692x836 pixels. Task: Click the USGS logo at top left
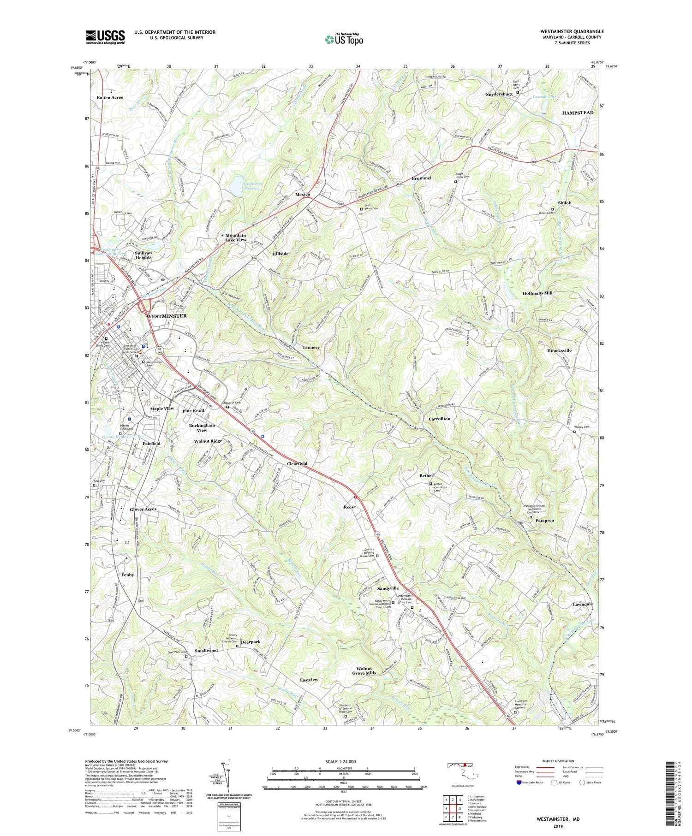pos(105,37)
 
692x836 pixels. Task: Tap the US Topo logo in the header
pos(344,39)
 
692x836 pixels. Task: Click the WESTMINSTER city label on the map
pos(167,316)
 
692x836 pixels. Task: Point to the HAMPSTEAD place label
pos(578,113)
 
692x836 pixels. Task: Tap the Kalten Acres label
pos(110,98)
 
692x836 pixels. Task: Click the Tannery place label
pos(311,347)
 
